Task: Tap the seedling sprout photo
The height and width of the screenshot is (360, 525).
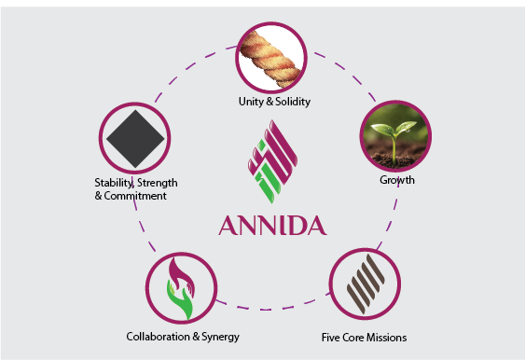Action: click(x=394, y=136)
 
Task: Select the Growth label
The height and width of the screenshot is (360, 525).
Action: click(x=395, y=179)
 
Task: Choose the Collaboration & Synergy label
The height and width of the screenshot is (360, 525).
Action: click(x=182, y=336)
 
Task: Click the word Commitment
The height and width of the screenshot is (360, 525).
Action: click(x=139, y=196)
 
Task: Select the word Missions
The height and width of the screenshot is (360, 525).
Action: click(x=386, y=336)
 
